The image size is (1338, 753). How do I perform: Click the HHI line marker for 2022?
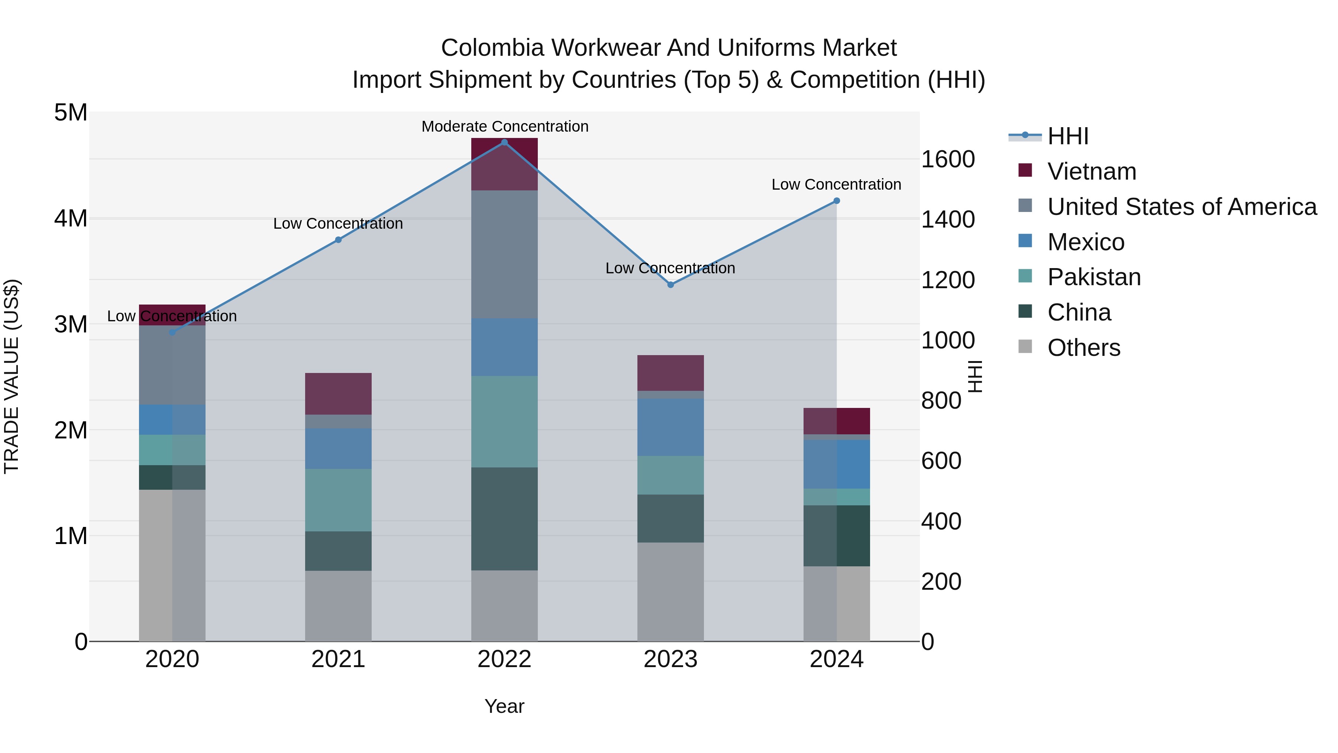click(504, 142)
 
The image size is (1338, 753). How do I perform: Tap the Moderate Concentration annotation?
click(504, 127)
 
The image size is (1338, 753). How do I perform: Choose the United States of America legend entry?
click(1182, 207)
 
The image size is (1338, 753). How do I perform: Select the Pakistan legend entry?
click(1094, 277)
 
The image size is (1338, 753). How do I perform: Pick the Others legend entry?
click(1083, 348)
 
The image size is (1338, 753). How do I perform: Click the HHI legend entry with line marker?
click(1067, 136)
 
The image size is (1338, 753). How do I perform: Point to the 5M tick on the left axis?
click(71, 113)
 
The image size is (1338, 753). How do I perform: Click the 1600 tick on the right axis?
click(947, 159)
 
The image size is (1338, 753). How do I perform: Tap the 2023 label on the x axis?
click(670, 659)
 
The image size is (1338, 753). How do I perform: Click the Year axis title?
click(504, 706)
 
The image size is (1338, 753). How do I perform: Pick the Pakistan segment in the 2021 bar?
click(338, 500)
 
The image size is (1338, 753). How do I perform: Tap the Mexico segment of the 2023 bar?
click(670, 427)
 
